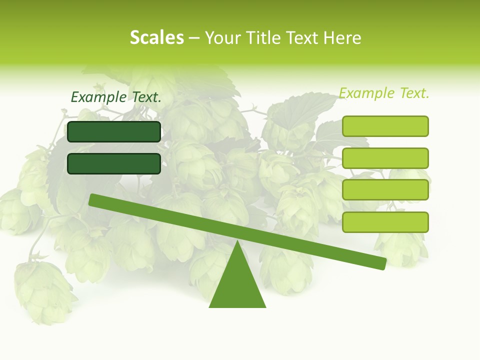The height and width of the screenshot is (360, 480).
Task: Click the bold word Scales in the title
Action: (156, 38)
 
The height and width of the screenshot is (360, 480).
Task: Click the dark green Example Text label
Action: (116, 97)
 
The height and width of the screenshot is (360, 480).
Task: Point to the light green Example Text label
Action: (384, 93)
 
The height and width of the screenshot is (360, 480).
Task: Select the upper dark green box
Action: (114, 132)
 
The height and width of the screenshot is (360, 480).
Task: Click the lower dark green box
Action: (114, 163)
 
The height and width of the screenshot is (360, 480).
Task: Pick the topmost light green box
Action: (385, 126)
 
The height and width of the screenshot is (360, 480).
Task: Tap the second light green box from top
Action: (385, 158)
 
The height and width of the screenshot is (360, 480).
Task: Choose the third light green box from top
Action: (385, 190)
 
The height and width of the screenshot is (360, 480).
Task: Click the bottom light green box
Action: (385, 222)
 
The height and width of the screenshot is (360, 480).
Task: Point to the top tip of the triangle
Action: (237, 242)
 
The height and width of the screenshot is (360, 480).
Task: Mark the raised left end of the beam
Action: (93, 199)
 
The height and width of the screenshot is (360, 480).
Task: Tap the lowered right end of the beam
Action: (382, 263)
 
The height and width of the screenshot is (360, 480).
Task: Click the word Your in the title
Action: (223, 38)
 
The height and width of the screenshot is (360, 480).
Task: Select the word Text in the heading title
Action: (304, 38)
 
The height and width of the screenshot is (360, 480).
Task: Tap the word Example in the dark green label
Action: (99, 97)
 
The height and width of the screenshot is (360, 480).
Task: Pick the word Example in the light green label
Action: (367, 93)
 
